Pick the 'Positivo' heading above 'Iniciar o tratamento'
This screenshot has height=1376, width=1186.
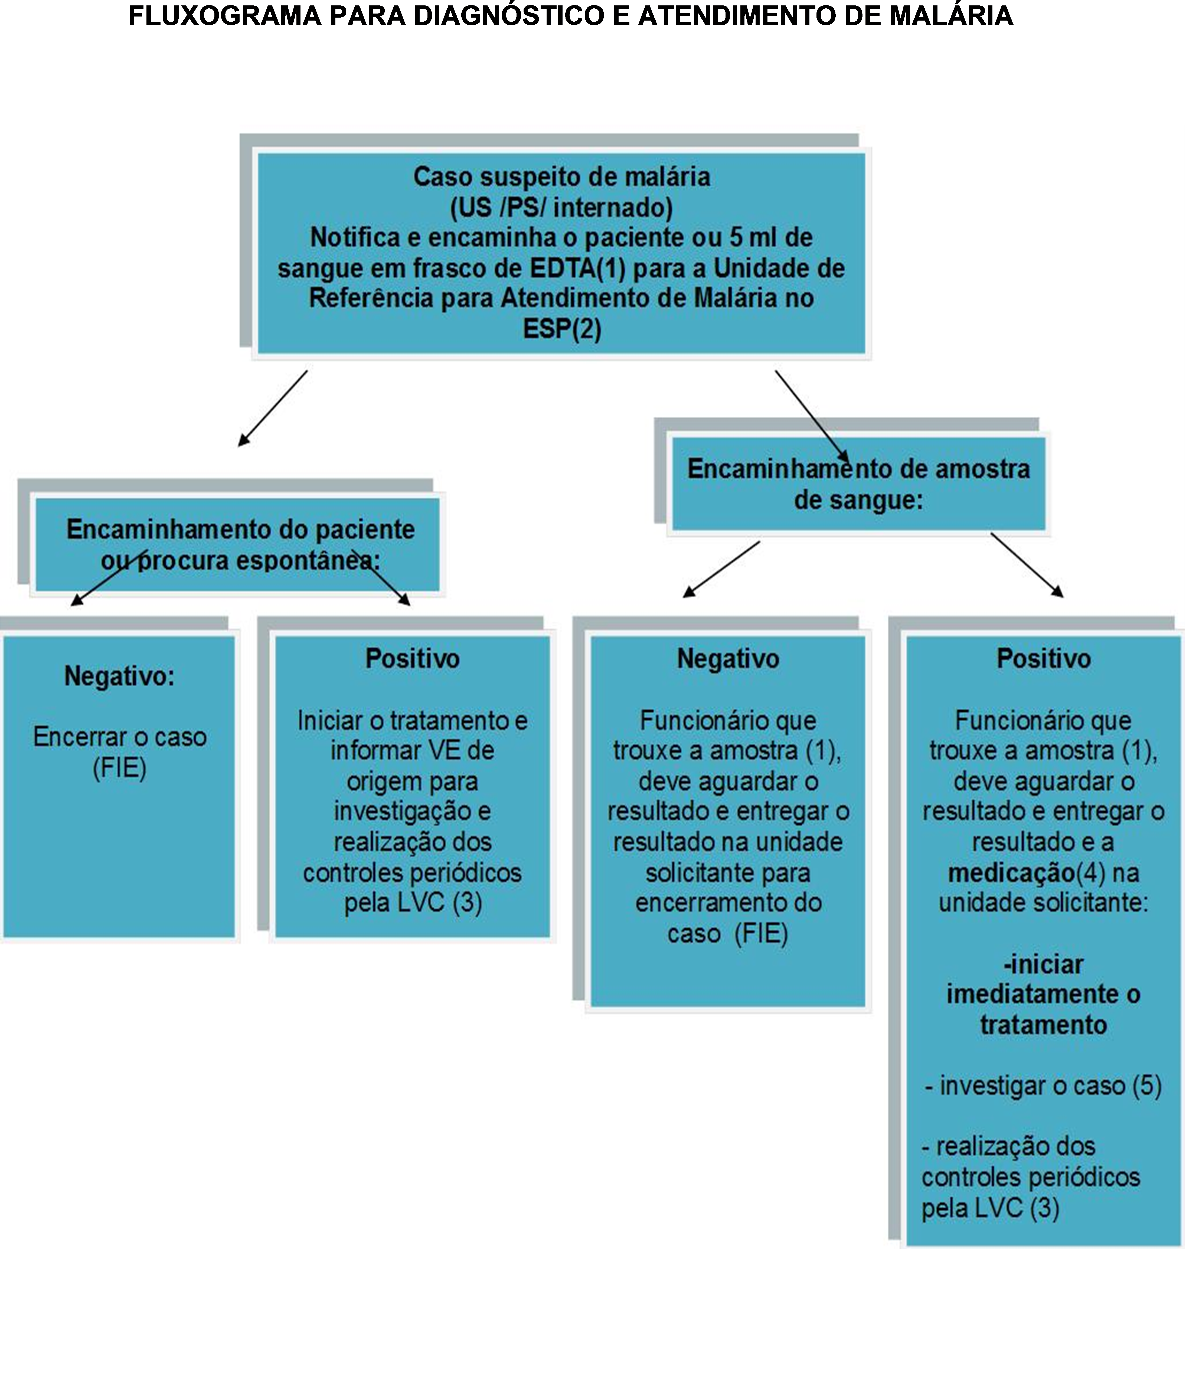coord(412,659)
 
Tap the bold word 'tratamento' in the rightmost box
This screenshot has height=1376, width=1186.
coord(1043,1025)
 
